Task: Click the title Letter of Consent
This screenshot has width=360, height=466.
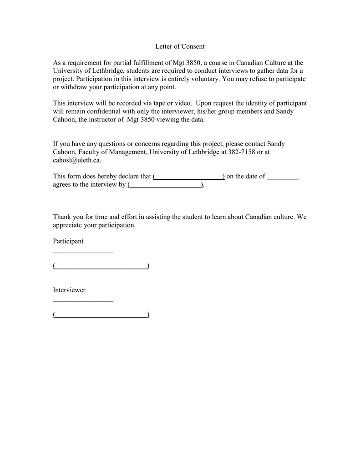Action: click(x=180, y=46)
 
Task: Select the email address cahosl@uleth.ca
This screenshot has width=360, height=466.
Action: click(x=77, y=160)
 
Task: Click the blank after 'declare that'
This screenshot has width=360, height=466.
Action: click(x=189, y=177)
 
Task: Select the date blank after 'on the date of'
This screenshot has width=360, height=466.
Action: click(x=283, y=177)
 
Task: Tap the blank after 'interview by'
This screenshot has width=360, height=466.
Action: click(x=166, y=185)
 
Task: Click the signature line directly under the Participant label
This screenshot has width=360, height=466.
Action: click(x=83, y=252)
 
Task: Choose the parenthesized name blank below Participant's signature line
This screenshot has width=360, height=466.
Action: click(x=101, y=266)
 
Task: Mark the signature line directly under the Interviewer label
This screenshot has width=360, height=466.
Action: click(x=83, y=300)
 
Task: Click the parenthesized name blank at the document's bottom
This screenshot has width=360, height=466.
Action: click(x=101, y=314)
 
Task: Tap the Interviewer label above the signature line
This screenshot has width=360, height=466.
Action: click(x=69, y=290)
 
